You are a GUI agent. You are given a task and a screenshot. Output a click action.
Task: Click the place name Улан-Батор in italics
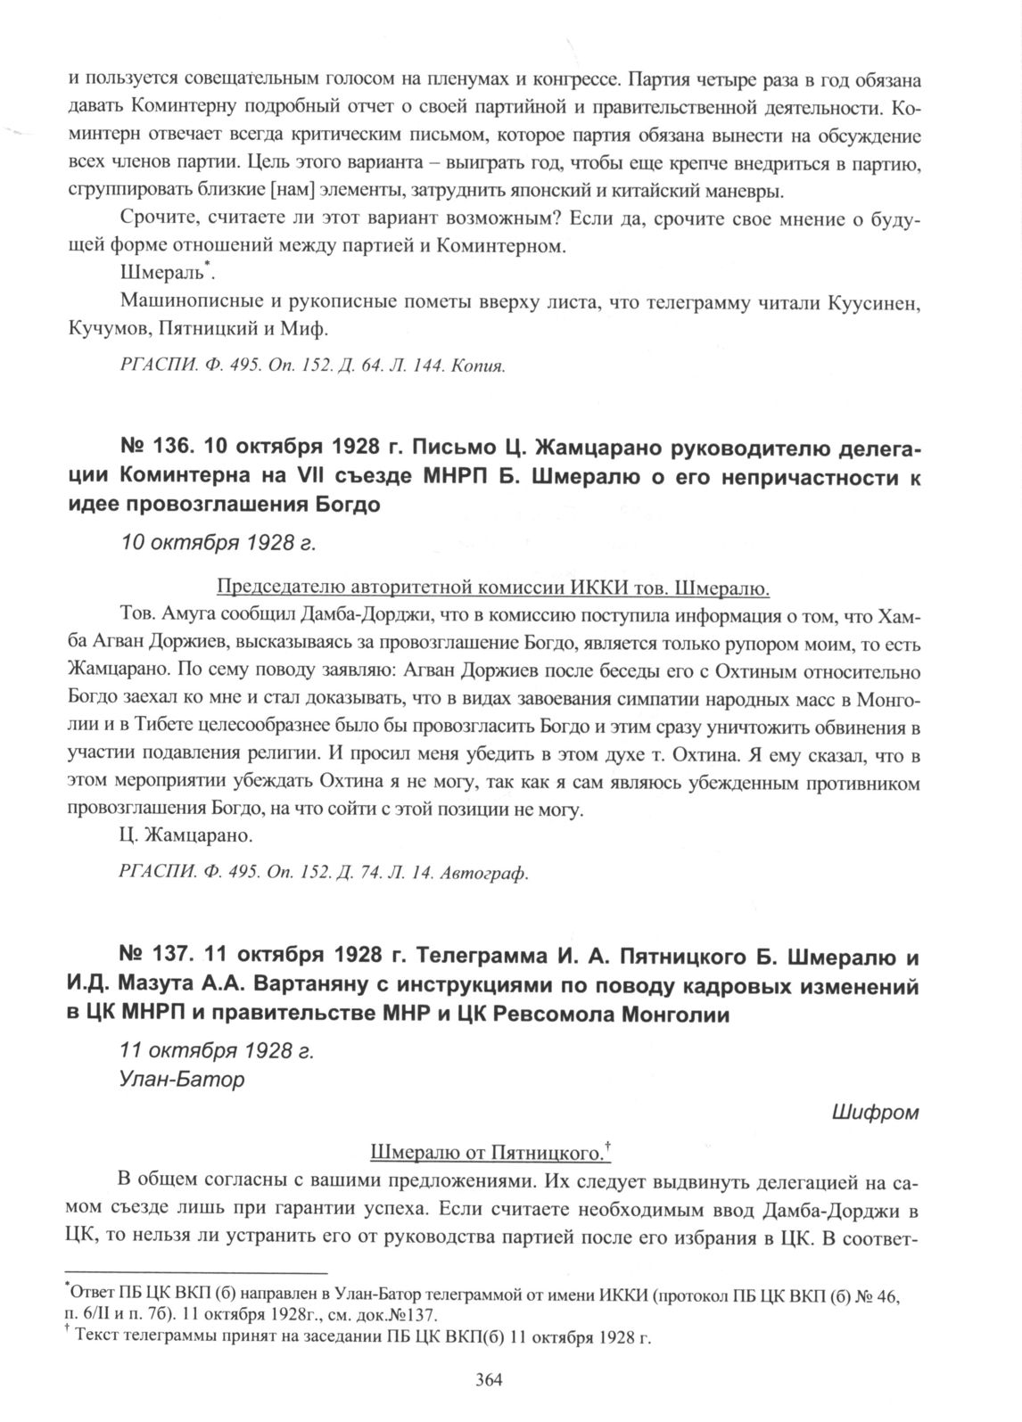(x=181, y=1079)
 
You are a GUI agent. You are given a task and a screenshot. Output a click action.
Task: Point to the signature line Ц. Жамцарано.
(x=185, y=837)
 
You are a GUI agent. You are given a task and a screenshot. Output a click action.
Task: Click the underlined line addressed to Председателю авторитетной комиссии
(x=493, y=588)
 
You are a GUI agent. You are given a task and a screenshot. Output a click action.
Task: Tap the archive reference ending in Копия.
(x=312, y=366)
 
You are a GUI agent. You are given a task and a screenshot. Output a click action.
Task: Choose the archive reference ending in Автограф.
(x=324, y=873)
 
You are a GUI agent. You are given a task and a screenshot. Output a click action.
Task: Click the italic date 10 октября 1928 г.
(x=218, y=544)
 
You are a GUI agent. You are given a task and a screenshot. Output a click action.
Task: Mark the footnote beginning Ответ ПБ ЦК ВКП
(x=482, y=1298)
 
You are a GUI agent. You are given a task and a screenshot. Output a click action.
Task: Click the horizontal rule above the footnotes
(x=198, y=1272)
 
